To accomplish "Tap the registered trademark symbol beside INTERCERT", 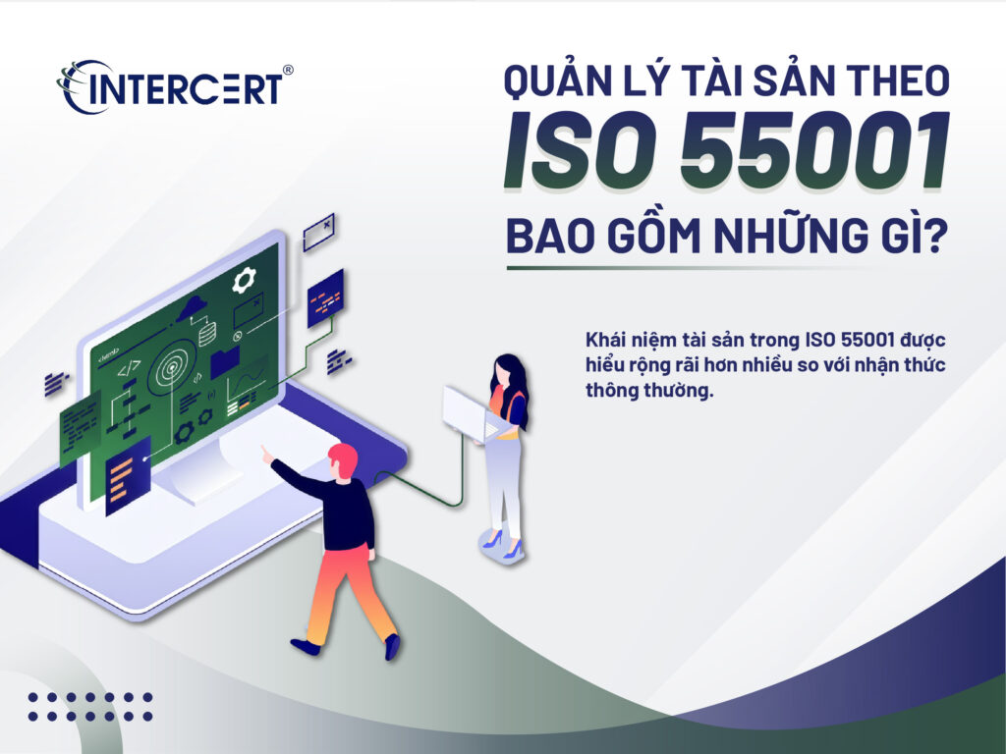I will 288,71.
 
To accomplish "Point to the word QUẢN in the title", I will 555,81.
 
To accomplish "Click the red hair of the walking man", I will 343,458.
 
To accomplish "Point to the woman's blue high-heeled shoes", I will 501,544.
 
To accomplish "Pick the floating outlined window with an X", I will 318,232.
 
